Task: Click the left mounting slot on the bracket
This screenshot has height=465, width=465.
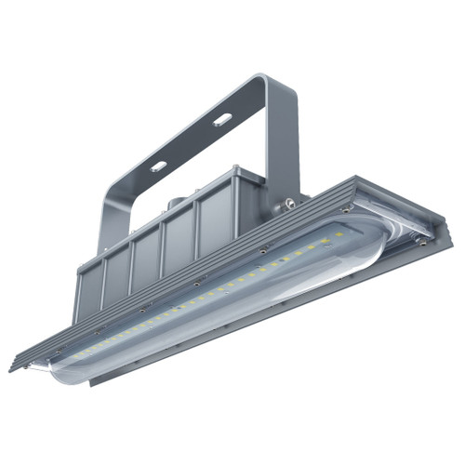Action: pyautogui.click(x=160, y=166)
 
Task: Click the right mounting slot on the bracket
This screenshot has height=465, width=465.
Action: pyautogui.click(x=222, y=120)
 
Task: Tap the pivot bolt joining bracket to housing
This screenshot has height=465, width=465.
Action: pyautogui.click(x=290, y=200)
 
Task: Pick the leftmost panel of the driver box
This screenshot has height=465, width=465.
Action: pyautogui.click(x=90, y=293)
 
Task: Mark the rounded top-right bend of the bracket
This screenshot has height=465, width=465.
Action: pyautogui.click(x=279, y=86)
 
